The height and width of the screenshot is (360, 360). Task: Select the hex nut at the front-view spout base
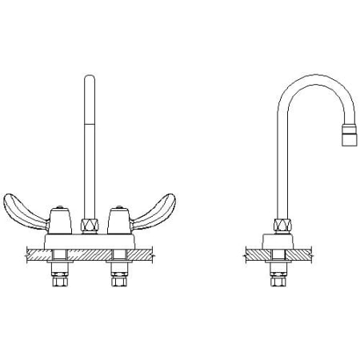90,226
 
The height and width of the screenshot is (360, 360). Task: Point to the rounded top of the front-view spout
90,78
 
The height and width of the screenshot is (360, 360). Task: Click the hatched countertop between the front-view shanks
90,255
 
